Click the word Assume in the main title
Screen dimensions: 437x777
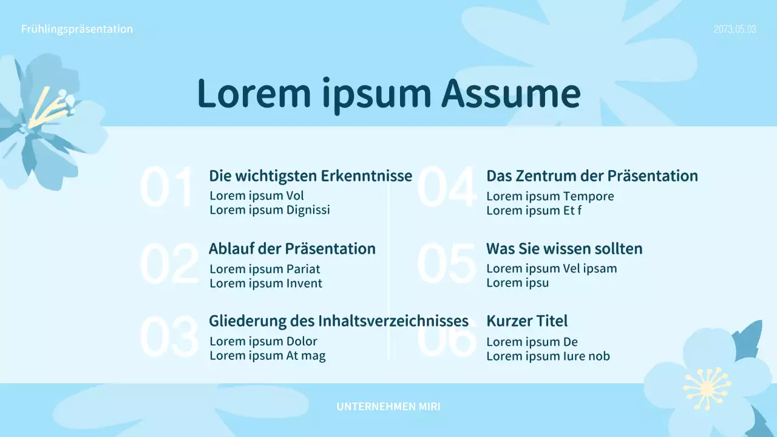pyautogui.click(x=511, y=93)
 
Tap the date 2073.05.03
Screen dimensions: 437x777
pyautogui.click(x=735, y=29)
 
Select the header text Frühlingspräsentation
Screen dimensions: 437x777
pyautogui.click(x=77, y=29)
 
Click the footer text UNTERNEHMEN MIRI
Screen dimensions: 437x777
pyautogui.click(x=388, y=407)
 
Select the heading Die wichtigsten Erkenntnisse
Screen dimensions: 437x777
pyautogui.click(x=310, y=176)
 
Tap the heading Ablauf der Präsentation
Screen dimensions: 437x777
pyautogui.click(x=292, y=249)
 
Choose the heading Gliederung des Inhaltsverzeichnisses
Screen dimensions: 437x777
pyautogui.click(x=338, y=320)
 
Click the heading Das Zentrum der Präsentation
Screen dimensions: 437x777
pyautogui.click(x=592, y=176)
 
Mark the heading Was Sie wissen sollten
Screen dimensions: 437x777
pyautogui.click(x=564, y=249)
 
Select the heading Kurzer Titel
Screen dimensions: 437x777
pyautogui.click(x=527, y=321)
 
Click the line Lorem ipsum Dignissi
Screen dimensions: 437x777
pyautogui.click(x=270, y=210)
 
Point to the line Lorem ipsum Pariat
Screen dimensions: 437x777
pyautogui.click(x=265, y=269)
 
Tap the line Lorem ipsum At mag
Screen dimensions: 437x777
pyautogui.click(x=267, y=356)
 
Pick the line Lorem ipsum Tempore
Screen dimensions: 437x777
pyautogui.click(x=550, y=196)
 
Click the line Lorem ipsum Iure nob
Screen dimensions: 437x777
pyautogui.click(x=548, y=356)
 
